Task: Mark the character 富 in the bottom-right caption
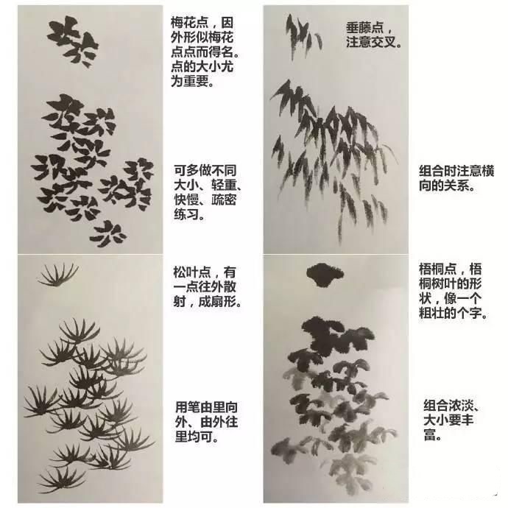coord(430,435)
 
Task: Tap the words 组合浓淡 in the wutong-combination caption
coord(448,406)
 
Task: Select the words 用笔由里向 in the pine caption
coord(206,407)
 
